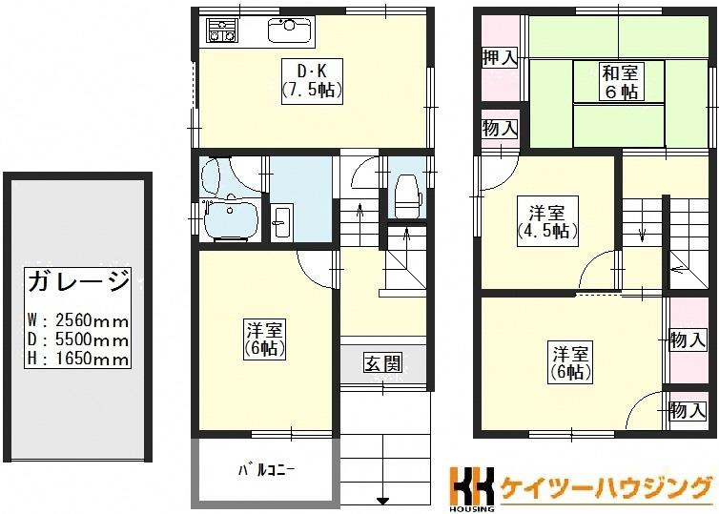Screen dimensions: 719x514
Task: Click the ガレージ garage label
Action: (79, 281)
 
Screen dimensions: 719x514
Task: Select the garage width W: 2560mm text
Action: (78, 319)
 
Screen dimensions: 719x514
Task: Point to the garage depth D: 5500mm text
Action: (78, 339)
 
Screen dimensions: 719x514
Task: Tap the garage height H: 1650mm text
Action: (78, 359)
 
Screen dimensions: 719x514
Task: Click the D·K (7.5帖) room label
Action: (313, 81)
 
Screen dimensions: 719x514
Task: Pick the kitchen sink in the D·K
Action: (290, 30)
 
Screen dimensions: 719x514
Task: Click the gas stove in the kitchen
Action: (222, 30)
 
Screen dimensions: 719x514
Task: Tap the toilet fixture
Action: (408, 195)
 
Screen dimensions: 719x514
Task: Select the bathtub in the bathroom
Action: (232, 220)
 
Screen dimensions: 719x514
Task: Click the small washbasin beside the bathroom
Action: (280, 222)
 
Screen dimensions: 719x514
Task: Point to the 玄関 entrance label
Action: (383, 363)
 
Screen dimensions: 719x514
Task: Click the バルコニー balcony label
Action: (266, 470)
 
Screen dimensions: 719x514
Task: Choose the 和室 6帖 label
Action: (619, 82)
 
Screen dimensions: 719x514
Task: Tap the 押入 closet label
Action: (500, 58)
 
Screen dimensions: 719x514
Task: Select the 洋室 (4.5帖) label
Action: (547, 221)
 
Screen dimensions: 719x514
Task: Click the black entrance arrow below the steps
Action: (383, 501)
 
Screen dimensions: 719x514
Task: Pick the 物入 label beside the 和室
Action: (500, 128)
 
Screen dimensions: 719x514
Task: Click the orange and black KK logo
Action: (472, 485)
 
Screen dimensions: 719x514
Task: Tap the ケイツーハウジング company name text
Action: (606, 487)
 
